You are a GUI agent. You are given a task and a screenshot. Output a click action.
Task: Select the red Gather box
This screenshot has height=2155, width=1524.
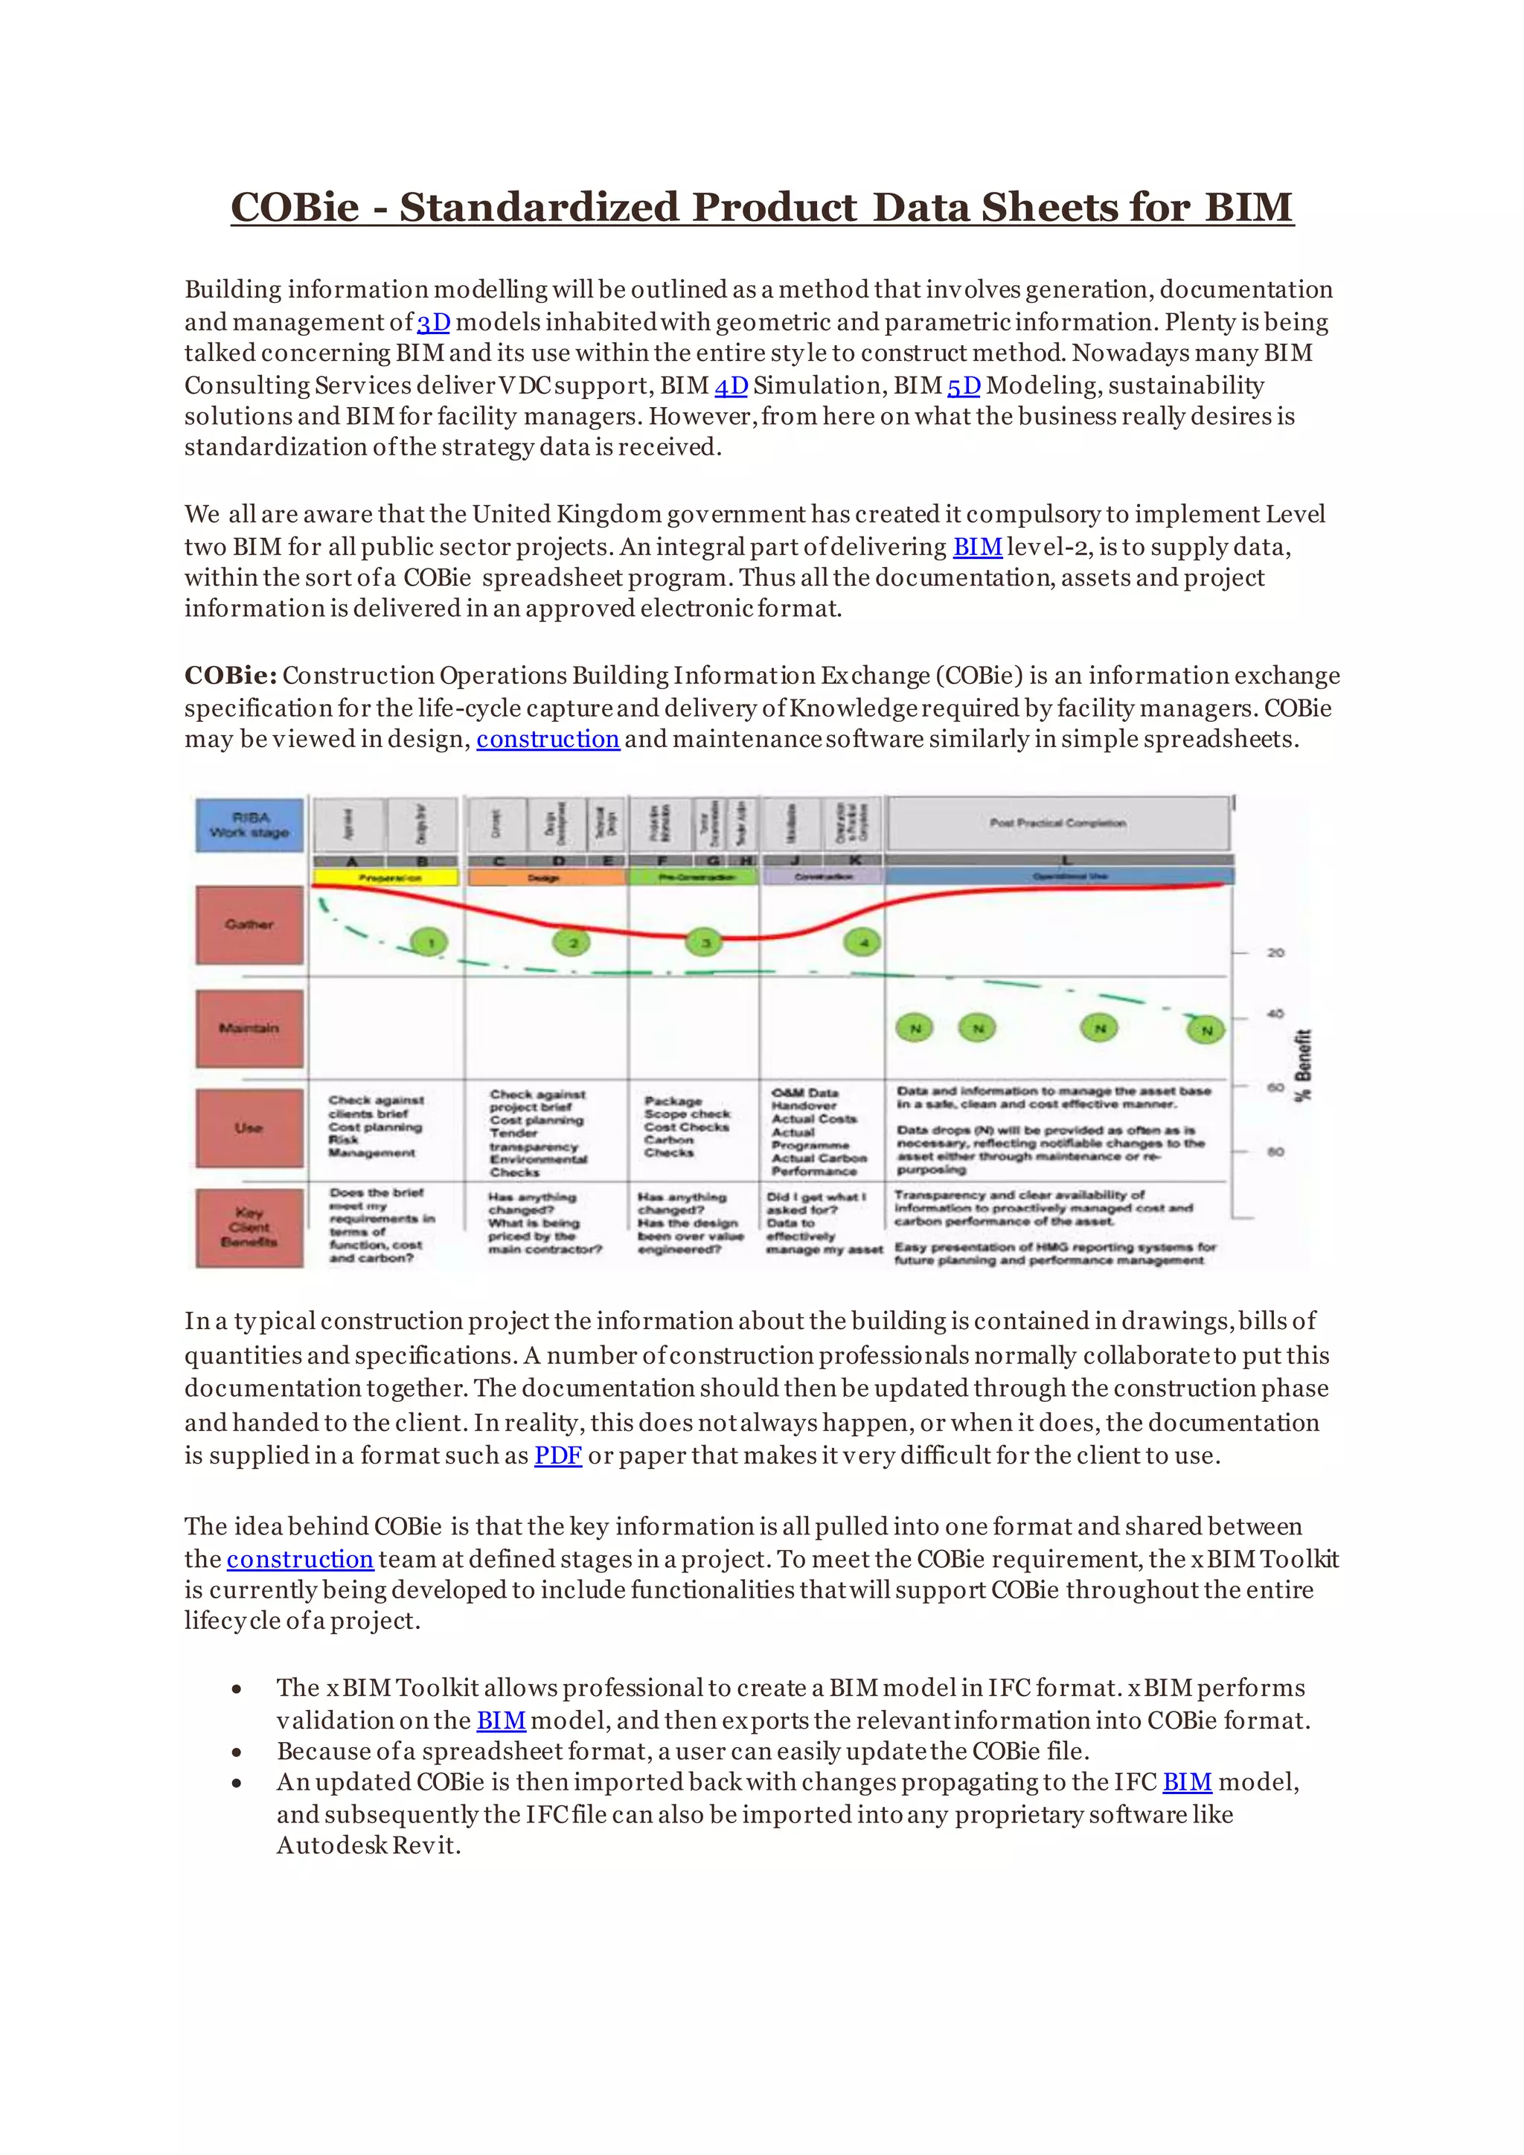(249, 924)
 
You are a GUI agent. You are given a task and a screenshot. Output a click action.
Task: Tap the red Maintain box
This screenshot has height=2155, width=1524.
(249, 1028)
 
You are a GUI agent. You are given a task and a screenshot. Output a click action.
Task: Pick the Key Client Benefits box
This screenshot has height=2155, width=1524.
(249, 1227)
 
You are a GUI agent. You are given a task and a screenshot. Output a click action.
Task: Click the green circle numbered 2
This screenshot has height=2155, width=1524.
(572, 941)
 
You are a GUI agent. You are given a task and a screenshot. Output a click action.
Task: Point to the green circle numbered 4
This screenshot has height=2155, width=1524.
(862, 941)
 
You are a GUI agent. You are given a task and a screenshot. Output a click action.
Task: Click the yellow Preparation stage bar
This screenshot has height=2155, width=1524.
(385, 877)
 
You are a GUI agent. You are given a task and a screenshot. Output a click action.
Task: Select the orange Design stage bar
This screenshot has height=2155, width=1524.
(546, 877)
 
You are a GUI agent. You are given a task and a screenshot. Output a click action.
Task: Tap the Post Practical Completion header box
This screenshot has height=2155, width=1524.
(1057, 823)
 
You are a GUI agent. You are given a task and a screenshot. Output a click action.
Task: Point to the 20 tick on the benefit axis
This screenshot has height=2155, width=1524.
(1275, 952)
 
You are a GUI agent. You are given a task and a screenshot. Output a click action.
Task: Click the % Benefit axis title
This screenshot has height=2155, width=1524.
(1304, 1066)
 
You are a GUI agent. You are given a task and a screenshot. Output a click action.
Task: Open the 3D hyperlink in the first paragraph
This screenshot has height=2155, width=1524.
(434, 323)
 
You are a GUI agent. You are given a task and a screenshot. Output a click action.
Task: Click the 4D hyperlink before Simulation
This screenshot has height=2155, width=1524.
(731, 385)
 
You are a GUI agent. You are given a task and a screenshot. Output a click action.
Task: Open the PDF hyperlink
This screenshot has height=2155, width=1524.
(558, 1456)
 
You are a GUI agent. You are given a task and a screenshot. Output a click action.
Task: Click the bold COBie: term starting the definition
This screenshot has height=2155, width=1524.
(230, 676)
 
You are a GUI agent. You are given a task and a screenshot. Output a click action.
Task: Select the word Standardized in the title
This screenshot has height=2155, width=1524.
(539, 208)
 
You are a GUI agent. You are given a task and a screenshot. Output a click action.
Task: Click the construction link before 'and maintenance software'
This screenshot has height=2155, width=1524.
(548, 740)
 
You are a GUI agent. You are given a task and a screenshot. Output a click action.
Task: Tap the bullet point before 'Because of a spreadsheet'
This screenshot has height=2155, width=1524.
(237, 1752)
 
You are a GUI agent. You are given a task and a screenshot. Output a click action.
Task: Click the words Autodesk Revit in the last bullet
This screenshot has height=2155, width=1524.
(367, 1845)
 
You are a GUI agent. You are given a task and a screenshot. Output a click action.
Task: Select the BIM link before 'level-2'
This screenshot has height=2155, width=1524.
(977, 547)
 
